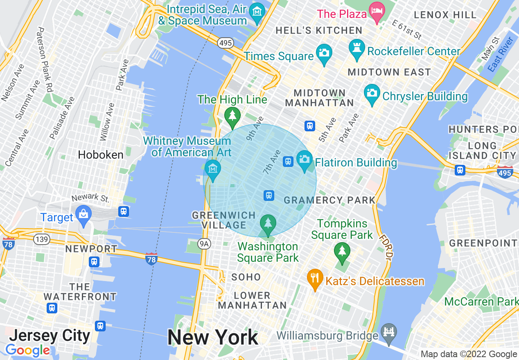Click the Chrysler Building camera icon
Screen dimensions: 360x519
pyautogui.click(x=372, y=93)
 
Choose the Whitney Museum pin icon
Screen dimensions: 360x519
pyautogui.click(x=212, y=169)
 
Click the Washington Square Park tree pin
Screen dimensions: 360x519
pyautogui.click(x=268, y=223)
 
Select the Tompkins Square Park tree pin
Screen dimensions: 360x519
pyautogui.click(x=342, y=251)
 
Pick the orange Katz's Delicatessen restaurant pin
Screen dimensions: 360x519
pyautogui.click(x=314, y=278)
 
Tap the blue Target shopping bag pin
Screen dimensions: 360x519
pyautogui.click(x=84, y=214)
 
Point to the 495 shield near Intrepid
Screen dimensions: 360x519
pyautogui.click(x=225, y=42)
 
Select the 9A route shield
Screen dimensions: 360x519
pyautogui.click(x=204, y=244)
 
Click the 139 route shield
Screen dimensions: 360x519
pyautogui.click(x=42, y=239)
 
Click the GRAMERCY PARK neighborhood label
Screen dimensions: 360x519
pyautogui.click(x=329, y=200)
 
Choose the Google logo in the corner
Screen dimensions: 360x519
pyautogui.click(x=27, y=350)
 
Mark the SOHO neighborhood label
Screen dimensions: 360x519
pyautogui.click(x=246, y=277)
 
